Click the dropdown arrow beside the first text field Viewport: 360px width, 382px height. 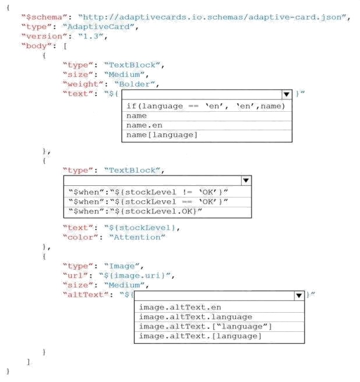287,94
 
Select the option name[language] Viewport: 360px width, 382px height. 161,135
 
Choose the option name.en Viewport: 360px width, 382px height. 144,125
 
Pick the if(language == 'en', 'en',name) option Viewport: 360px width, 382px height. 206,106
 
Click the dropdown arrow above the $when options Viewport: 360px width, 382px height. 246,181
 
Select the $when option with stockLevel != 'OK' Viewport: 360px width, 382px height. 148,192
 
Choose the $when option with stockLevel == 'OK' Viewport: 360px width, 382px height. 148,201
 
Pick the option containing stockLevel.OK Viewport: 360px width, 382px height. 135,211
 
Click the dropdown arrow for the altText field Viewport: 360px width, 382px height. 299,295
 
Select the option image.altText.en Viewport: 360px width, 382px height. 180,307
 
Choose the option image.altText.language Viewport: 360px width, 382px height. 196,317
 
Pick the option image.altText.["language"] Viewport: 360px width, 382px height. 205,327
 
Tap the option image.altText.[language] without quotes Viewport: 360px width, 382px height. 200,336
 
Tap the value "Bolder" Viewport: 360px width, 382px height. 135,84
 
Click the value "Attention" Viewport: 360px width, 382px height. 137,237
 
